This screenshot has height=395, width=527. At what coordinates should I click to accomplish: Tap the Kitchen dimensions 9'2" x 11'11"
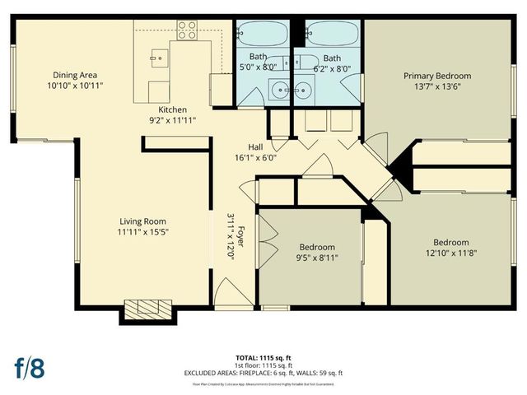tap(173, 121)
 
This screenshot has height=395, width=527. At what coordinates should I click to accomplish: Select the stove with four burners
tap(187, 30)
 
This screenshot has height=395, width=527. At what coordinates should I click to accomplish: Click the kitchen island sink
tap(161, 58)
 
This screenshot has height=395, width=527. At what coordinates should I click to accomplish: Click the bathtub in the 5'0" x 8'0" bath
tap(262, 35)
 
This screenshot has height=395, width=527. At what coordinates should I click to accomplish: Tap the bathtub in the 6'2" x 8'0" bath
tap(332, 35)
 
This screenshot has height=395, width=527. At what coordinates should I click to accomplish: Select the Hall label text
tap(255, 146)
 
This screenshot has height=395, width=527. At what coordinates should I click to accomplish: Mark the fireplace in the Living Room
tap(147, 310)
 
